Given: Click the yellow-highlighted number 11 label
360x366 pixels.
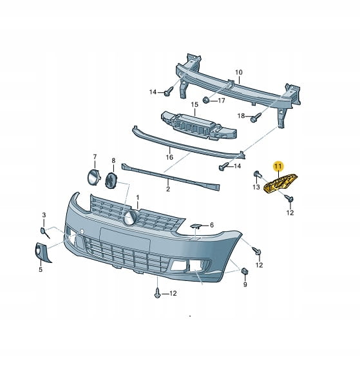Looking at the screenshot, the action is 278,166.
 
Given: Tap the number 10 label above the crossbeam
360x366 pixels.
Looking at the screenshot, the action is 239,72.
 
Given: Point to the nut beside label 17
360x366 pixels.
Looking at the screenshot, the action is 206,100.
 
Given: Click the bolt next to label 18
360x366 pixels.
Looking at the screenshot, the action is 256,117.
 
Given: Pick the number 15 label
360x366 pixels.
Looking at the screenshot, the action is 194,104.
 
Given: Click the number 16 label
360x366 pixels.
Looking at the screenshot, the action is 169,157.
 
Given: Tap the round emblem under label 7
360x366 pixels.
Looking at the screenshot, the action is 93,177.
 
